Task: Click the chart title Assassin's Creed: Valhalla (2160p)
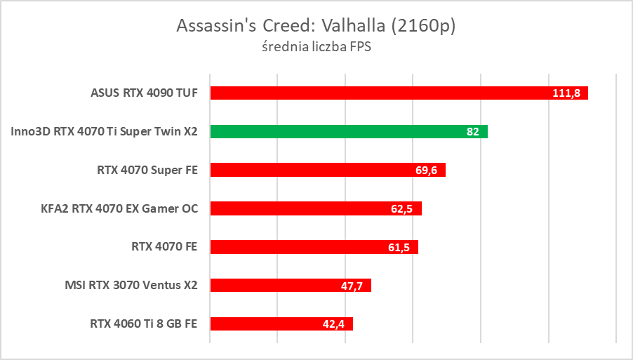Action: [x=316, y=25]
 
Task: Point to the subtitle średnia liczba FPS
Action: [x=316, y=48]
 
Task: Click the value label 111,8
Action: [x=566, y=93]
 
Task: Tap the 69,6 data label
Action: [x=426, y=171]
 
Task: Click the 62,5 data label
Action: [x=402, y=209]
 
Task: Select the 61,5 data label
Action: [x=399, y=248]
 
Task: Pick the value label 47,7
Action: [x=352, y=286]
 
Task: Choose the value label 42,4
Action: [x=333, y=324]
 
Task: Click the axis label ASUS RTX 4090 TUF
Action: [x=145, y=93]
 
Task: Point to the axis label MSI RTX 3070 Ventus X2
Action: [x=131, y=285]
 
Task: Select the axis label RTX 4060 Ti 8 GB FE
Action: [x=144, y=324]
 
